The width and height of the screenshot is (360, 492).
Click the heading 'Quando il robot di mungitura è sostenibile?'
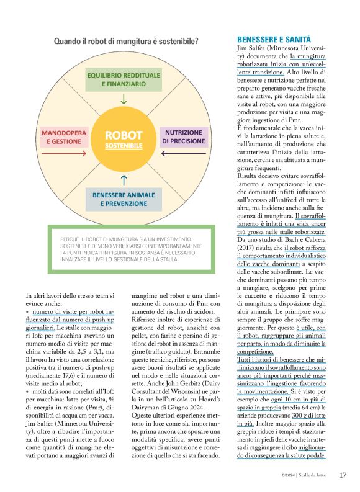pyautogui.click(x=126, y=41)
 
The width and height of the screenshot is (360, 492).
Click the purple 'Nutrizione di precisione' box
pyautogui.click(x=183, y=136)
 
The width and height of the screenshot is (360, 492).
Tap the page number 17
pyautogui.click(x=342, y=475)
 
